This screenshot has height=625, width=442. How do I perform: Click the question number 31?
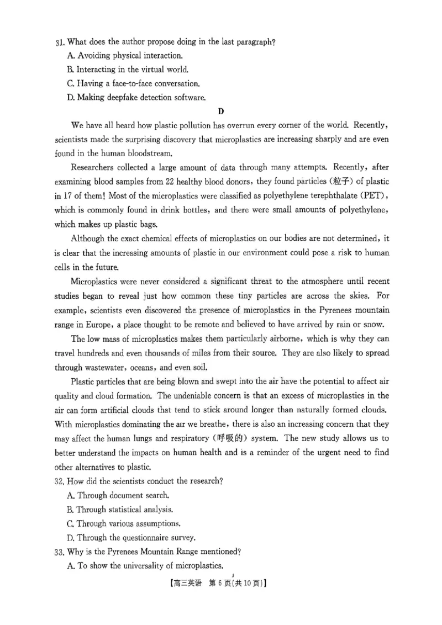tap(60, 42)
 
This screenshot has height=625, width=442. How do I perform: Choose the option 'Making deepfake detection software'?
tap(135, 98)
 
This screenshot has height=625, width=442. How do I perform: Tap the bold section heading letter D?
tap(221, 112)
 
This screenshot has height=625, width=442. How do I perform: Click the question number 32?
tap(60, 481)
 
